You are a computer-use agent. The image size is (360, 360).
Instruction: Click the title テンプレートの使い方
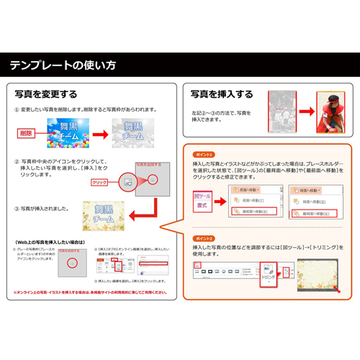[62, 65]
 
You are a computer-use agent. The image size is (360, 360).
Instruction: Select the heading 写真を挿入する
[222, 94]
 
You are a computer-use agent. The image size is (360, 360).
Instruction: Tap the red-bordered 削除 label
[26, 133]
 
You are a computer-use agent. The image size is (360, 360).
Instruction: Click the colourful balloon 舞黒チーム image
[67, 133]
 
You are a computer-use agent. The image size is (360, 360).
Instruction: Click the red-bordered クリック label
[100, 183]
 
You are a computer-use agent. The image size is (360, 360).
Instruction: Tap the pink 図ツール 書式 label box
[203, 201]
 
